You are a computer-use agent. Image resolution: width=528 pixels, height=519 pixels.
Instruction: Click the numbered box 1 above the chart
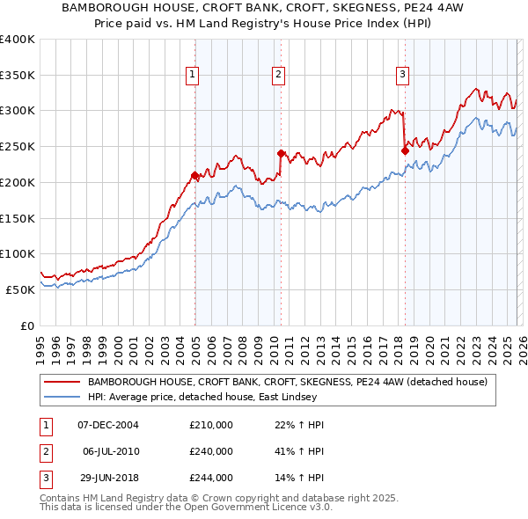point(192,75)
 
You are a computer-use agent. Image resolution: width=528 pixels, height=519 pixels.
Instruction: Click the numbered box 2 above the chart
point(278,75)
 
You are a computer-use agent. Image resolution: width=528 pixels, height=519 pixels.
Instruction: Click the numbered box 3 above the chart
point(402,75)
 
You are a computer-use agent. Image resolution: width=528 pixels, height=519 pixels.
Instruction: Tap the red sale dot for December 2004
point(194,174)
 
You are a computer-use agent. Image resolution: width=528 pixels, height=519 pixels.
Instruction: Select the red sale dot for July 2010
point(281,153)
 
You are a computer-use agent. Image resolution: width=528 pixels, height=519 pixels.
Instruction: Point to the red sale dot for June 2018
point(405,150)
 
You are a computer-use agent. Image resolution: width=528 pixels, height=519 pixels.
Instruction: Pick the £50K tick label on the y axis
point(20,289)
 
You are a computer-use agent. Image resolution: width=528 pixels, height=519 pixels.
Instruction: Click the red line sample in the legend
point(61,383)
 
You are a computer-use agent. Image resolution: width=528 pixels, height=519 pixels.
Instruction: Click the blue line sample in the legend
point(61,397)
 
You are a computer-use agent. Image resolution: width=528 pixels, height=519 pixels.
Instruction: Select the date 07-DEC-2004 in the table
point(108,425)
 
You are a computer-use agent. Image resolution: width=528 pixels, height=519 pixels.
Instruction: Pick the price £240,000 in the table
point(211,451)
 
